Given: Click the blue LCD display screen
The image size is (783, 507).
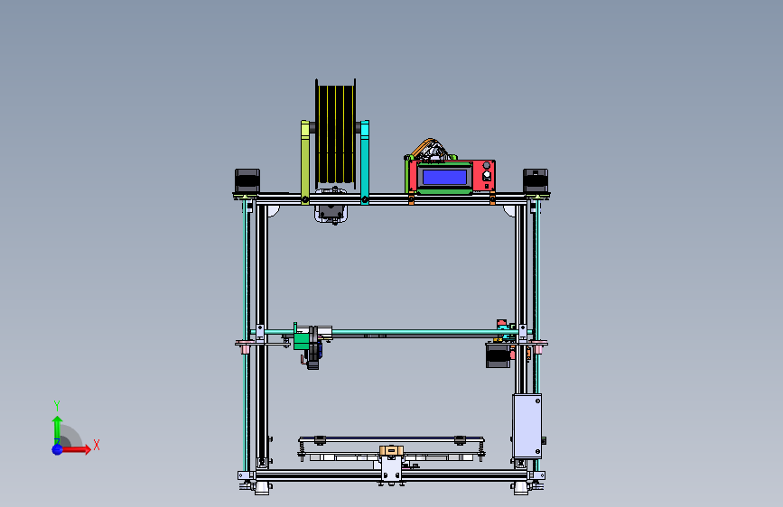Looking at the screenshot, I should click(x=446, y=177).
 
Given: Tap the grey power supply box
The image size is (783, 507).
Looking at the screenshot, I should click(x=527, y=425).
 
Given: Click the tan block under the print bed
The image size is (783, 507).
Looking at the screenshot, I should click(x=391, y=450).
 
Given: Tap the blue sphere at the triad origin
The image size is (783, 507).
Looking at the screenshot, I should click(x=57, y=448).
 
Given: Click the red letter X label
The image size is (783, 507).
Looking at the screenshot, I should click(x=96, y=445).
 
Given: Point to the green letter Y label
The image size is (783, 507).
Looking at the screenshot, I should click(x=57, y=405).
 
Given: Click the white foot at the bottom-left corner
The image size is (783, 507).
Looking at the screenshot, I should click(x=262, y=488).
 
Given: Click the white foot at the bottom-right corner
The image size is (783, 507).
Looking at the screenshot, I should click(x=521, y=488).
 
